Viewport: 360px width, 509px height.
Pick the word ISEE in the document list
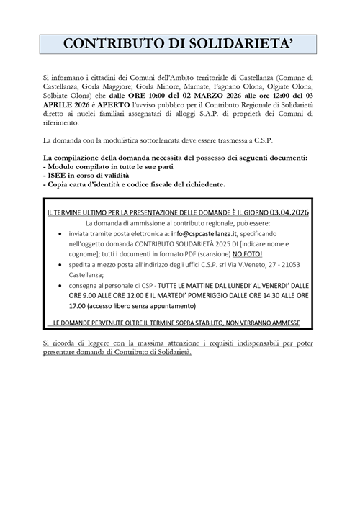(x=60, y=175)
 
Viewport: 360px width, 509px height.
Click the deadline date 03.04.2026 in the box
(x=281, y=213)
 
